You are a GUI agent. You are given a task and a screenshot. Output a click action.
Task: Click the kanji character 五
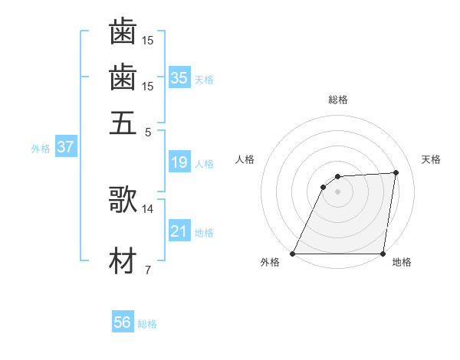click(x=123, y=123)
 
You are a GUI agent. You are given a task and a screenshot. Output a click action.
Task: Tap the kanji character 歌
click(x=123, y=200)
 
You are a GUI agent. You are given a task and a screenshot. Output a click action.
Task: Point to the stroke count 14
click(x=148, y=208)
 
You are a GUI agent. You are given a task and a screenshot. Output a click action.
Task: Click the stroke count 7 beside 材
click(x=147, y=270)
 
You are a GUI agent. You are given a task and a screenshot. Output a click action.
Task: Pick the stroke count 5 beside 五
click(x=148, y=131)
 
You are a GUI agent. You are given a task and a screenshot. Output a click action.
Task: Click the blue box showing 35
click(x=179, y=77)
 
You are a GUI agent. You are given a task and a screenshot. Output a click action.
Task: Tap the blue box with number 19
click(x=179, y=162)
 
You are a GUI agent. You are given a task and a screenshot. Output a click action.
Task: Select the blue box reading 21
click(x=179, y=231)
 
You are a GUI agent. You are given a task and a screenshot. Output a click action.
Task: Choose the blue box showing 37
click(x=65, y=147)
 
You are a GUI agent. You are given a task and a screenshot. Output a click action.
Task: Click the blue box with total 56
click(x=123, y=322)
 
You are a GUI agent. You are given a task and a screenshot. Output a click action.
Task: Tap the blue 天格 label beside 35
click(x=204, y=80)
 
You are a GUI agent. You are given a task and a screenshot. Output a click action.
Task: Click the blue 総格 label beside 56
click(x=147, y=324)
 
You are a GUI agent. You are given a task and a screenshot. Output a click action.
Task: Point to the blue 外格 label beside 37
click(x=41, y=149)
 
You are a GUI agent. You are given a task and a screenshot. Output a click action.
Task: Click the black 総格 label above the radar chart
click(x=338, y=100)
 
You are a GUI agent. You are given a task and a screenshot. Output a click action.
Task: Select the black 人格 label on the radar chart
click(x=245, y=159)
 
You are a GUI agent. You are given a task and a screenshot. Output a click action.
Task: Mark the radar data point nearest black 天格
click(x=396, y=172)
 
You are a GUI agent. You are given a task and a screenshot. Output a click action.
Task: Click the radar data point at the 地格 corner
click(x=383, y=254)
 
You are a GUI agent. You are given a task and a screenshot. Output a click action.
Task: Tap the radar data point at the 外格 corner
click(x=293, y=254)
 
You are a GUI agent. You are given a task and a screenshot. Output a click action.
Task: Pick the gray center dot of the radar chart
click(x=338, y=192)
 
